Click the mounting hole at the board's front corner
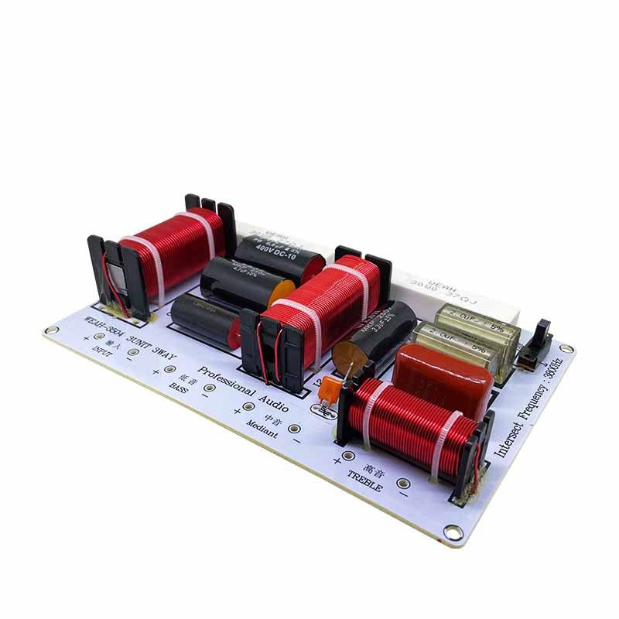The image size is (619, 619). (453, 532)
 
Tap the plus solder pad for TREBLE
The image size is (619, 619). (349, 456)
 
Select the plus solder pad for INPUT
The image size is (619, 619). (99, 337)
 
